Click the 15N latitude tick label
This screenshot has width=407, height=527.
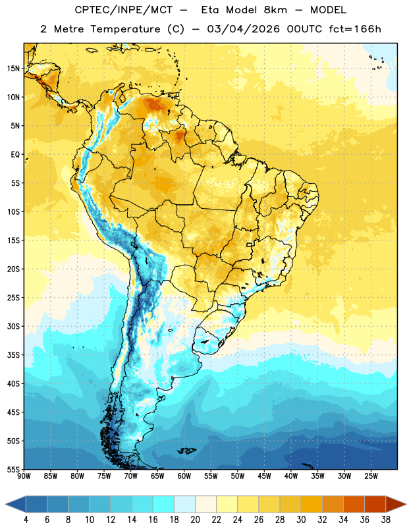pyautogui.click(x=13, y=69)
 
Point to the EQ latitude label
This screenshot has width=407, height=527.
pyautogui.click(x=15, y=155)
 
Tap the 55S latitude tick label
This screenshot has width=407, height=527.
pyautogui.click(x=13, y=469)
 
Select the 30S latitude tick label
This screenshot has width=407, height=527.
pyautogui.click(x=13, y=326)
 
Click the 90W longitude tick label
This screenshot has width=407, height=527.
pyautogui.click(x=24, y=476)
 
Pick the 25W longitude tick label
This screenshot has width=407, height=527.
pyautogui.click(x=371, y=476)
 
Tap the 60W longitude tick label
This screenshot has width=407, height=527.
pyautogui.click(x=184, y=476)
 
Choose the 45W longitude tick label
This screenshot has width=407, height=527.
pyautogui.click(x=264, y=476)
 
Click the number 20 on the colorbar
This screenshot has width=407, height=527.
pyautogui.click(x=195, y=520)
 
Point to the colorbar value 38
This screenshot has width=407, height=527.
pyautogui.click(x=386, y=520)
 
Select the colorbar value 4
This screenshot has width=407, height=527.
pyautogui.click(x=26, y=520)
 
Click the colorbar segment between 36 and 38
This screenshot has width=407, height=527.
pyautogui.click(x=375, y=504)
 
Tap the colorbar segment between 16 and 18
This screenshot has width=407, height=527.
pyautogui.click(x=163, y=504)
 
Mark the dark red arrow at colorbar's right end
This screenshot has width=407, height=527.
pyautogui.click(x=396, y=504)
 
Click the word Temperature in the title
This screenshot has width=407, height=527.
pyautogui.click(x=125, y=29)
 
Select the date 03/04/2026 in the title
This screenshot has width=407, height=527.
pyautogui.click(x=243, y=29)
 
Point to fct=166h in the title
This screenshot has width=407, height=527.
pyautogui.click(x=355, y=29)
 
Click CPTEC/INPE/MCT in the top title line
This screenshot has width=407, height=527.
pyautogui.click(x=124, y=10)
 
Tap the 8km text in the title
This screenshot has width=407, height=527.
pyautogui.click(x=275, y=10)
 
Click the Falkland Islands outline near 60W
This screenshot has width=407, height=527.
pyautogui.click(x=187, y=451)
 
